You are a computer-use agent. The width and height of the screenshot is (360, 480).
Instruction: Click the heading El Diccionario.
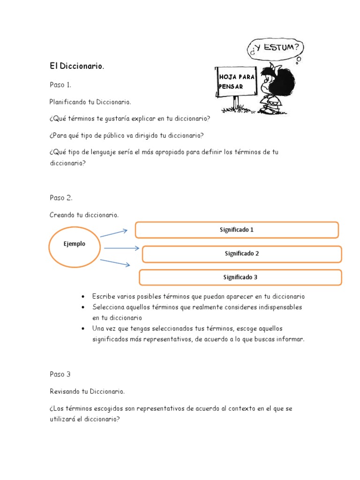[77, 67]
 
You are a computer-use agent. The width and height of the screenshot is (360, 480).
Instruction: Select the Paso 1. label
[60, 85]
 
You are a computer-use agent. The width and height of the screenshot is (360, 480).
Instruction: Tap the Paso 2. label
[61, 198]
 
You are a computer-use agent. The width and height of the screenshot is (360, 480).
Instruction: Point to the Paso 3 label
[60, 374]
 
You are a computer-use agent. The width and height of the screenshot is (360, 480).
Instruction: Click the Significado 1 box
[237, 230]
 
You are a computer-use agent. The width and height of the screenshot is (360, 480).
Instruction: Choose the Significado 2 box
[242, 254]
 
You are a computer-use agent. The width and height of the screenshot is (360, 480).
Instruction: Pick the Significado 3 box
[240, 277]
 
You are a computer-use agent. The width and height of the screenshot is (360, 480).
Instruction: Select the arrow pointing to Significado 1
[113, 233]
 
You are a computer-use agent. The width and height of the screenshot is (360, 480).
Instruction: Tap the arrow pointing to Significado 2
[121, 248]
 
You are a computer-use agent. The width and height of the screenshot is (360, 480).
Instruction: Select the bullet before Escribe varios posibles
[83, 297]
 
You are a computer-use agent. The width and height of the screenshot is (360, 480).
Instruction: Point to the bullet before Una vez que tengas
[83, 328]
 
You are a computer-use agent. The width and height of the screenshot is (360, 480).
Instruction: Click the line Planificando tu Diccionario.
[90, 102]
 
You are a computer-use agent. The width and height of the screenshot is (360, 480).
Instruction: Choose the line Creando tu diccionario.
[84, 215]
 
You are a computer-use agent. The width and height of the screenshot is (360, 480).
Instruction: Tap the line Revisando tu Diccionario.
[87, 391]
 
